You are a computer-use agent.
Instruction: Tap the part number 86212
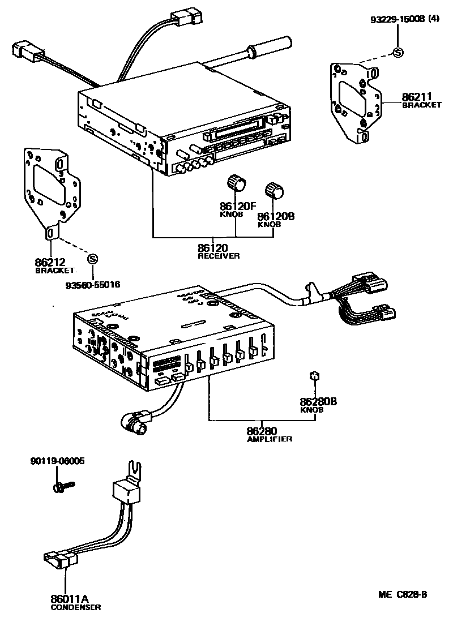point(50,262)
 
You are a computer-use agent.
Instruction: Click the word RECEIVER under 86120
point(219,256)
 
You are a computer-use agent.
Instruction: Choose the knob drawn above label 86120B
point(273,191)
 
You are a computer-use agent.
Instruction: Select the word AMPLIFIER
point(270,439)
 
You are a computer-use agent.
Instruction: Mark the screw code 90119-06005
point(57,461)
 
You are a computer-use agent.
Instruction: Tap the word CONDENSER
point(76,607)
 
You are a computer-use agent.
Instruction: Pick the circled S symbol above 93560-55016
point(93,259)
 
